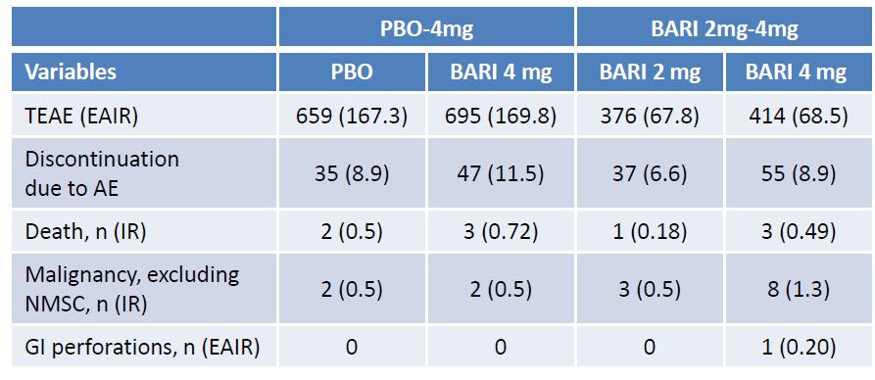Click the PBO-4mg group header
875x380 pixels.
pyautogui.click(x=426, y=28)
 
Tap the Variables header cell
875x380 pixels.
pyautogui.click(x=71, y=71)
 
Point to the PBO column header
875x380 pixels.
pyautogui.click(x=352, y=72)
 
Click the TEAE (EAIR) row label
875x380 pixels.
pyautogui.click(x=81, y=117)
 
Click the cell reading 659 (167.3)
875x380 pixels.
pyautogui.click(x=352, y=117)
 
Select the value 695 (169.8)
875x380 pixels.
pyautogui.click(x=501, y=117)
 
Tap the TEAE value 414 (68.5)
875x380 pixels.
pyautogui.click(x=796, y=117)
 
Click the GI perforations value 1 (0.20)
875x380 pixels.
pyautogui.click(x=796, y=347)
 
